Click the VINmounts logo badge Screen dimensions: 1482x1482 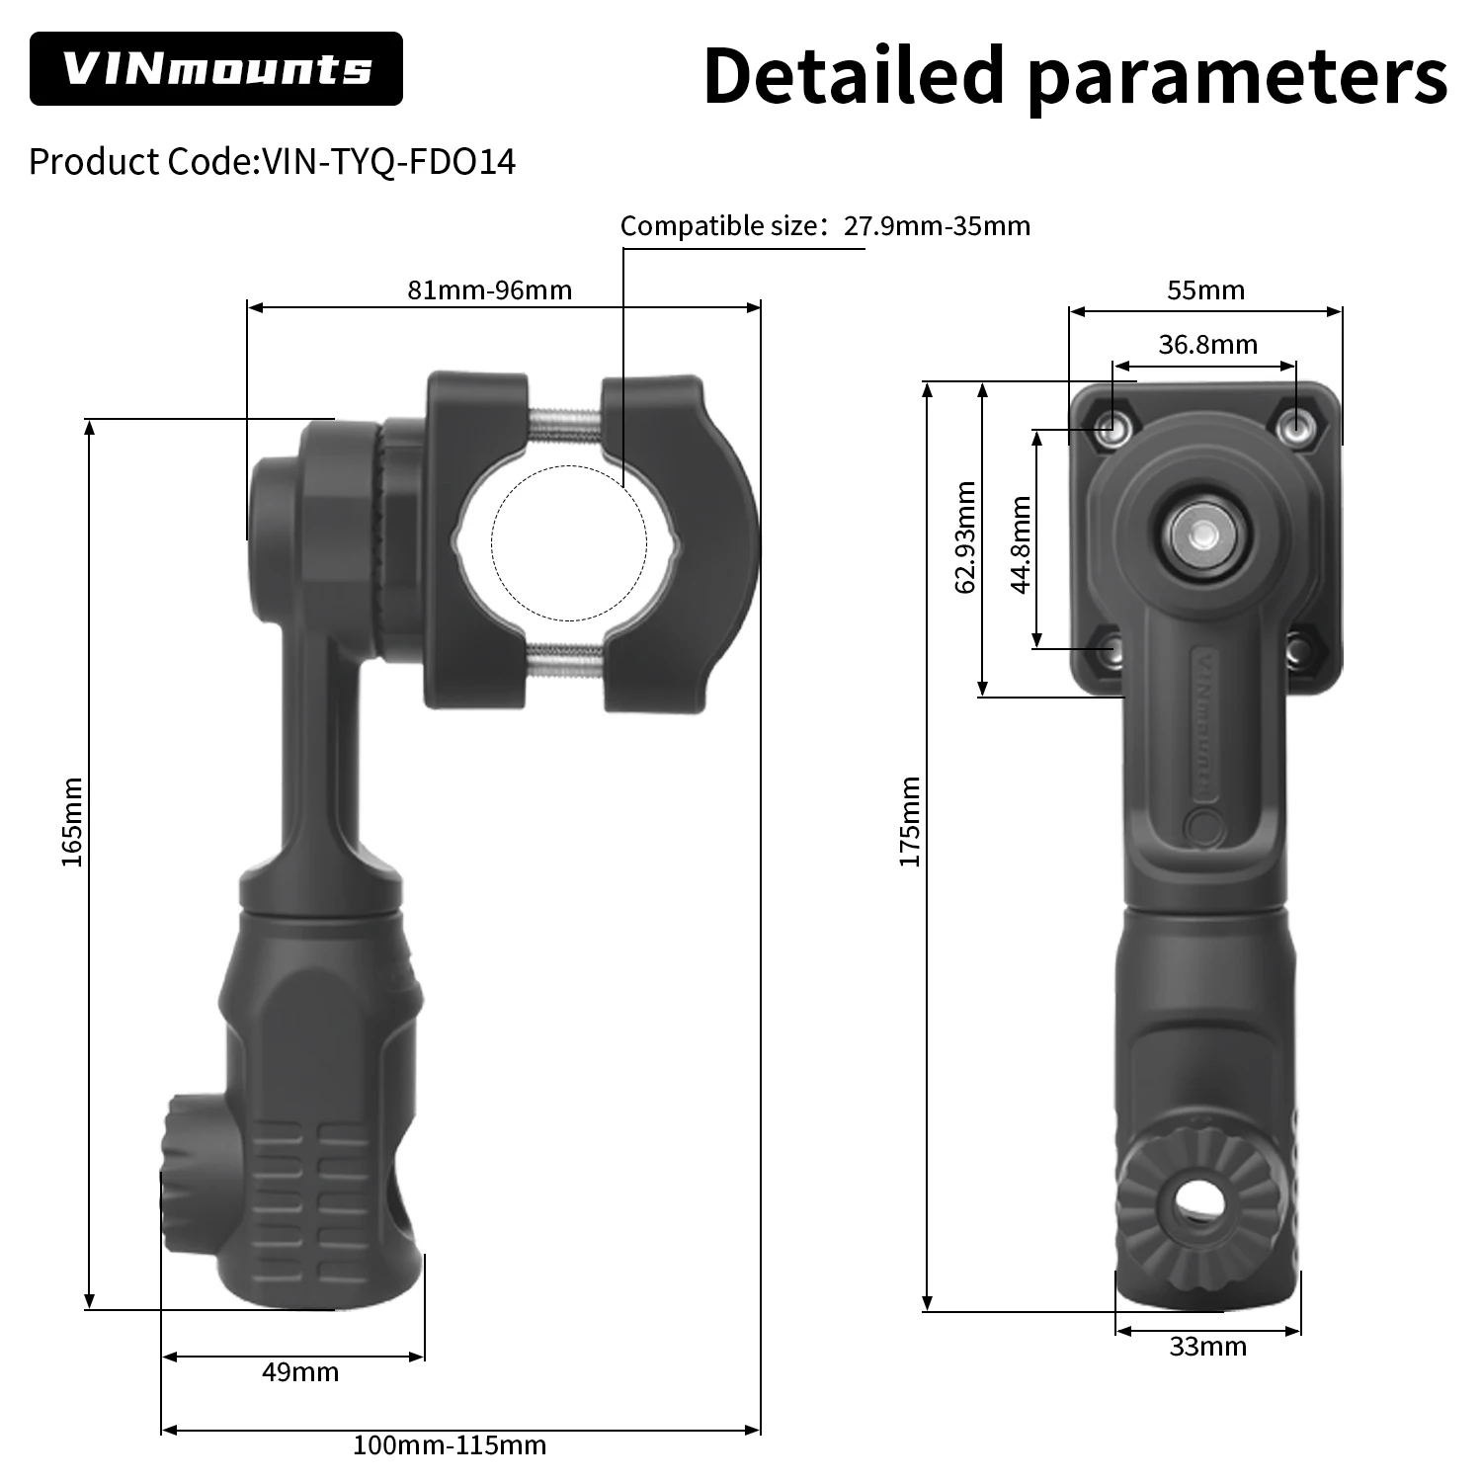(x=215, y=69)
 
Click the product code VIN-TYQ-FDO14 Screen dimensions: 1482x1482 (x=272, y=161)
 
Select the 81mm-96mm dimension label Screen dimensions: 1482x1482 (x=489, y=290)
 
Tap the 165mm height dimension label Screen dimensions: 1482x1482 (x=72, y=822)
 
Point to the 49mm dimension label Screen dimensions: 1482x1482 (x=300, y=1372)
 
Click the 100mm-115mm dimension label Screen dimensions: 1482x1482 (x=450, y=1446)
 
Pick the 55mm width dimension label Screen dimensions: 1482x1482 (x=1205, y=290)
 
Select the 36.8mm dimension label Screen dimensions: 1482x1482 (x=1207, y=345)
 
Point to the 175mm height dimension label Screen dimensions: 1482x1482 (x=909, y=822)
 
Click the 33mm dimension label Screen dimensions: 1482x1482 (x=1207, y=1347)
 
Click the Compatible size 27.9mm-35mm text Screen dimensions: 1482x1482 (x=825, y=226)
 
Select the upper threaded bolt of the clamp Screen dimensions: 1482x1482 (x=564, y=426)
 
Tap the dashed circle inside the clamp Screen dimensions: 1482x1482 (x=569, y=542)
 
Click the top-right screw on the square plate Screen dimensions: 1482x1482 (x=1294, y=428)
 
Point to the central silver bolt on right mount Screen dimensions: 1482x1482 (x=1202, y=535)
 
